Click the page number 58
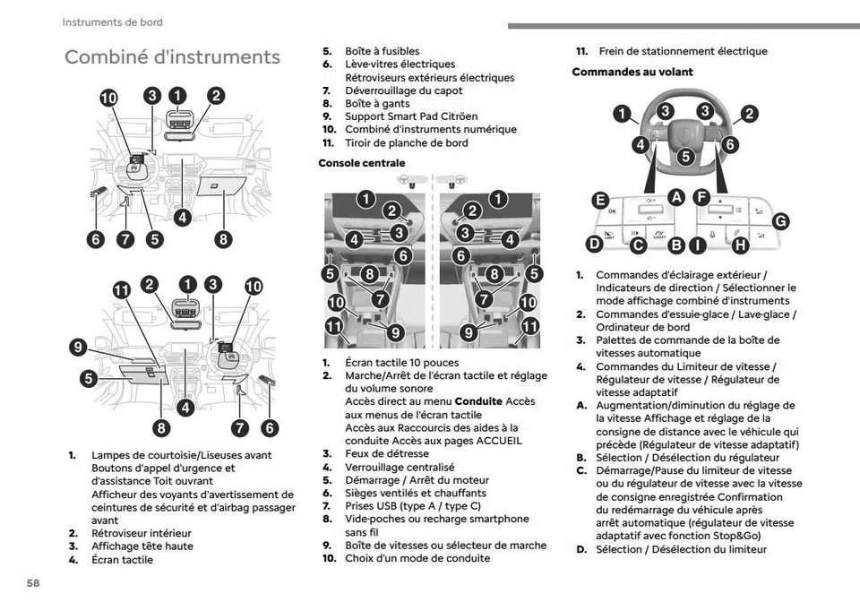(x=33, y=583)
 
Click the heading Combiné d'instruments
(x=172, y=57)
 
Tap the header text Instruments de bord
(x=112, y=22)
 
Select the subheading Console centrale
(x=361, y=163)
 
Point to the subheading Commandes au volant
(x=632, y=72)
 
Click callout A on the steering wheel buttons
(x=675, y=197)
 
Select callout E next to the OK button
(x=600, y=200)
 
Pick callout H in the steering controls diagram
(x=739, y=244)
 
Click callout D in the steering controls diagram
(x=593, y=244)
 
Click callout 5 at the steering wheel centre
(x=685, y=156)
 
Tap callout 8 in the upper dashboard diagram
(x=222, y=238)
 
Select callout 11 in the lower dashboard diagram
(x=122, y=288)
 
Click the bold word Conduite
(x=478, y=401)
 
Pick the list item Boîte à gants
(x=377, y=104)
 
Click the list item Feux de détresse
(x=387, y=453)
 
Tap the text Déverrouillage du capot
(x=404, y=90)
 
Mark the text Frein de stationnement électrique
(x=683, y=51)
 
